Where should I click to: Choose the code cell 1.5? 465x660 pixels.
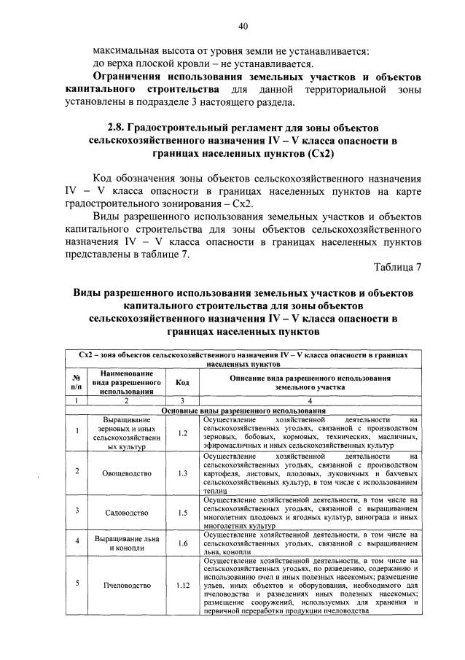click(182, 513)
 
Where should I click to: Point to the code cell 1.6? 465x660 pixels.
click(182, 543)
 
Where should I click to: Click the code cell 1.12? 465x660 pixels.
click(182, 586)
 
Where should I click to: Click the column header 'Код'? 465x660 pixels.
click(182, 384)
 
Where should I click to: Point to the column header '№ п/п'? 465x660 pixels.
click(77, 384)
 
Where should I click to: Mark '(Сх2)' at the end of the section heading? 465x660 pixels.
click(315, 155)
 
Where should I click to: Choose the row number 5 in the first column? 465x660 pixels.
click(77, 586)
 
